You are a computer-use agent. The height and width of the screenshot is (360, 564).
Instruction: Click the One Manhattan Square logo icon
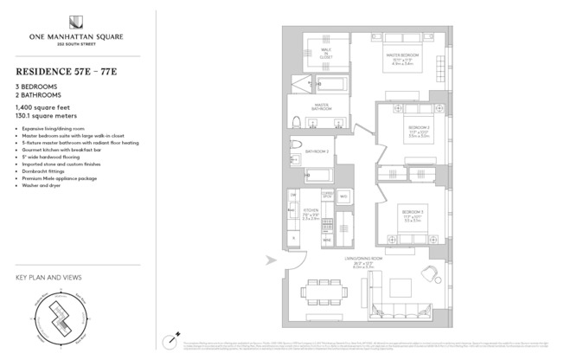tap(79, 22)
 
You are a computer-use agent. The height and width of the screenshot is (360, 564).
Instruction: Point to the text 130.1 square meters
tap(47, 116)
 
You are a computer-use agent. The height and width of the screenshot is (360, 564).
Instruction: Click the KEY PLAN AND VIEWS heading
tap(48, 278)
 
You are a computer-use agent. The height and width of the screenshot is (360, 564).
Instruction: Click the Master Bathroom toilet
tap(296, 121)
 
